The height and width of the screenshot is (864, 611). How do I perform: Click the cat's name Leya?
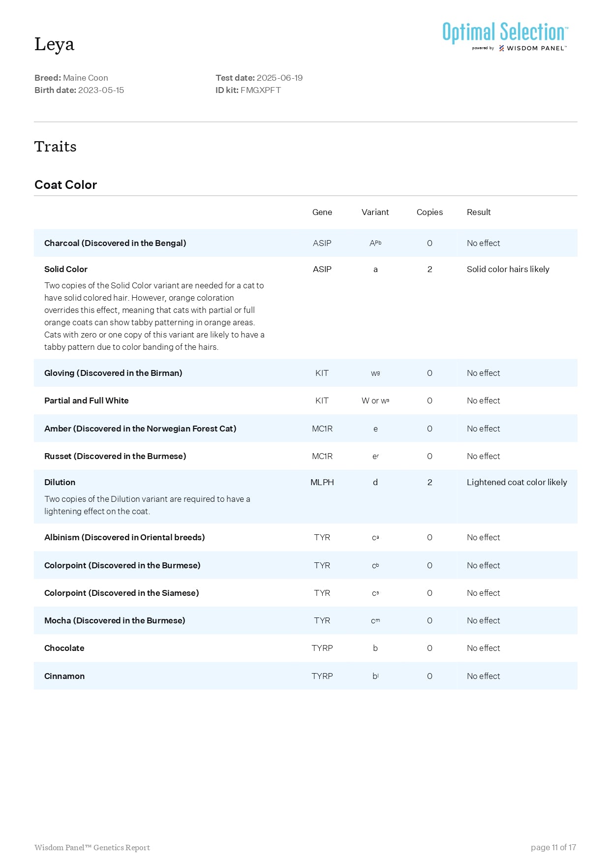tap(54, 44)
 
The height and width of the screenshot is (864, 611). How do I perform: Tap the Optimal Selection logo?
tap(505, 34)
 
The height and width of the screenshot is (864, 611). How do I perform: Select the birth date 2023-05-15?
tap(101, 90)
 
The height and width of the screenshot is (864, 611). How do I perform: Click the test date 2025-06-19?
tap(279, 78)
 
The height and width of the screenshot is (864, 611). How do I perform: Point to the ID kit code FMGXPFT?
tap(261, 90)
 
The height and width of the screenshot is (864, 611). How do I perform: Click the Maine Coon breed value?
tap(86, 78)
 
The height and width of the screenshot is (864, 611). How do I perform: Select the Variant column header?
tap(375, 212)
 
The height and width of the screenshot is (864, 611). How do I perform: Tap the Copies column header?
tap(429, 212)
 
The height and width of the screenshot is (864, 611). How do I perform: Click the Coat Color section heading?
tap(65, 185)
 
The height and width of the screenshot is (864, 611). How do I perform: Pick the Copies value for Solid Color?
tap(429, 269)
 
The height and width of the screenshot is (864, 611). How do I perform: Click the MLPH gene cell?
tap(322, 482)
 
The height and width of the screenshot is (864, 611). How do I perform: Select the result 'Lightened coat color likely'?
tap(517, 482)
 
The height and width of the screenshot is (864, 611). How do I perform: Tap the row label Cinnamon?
tap(64, 676)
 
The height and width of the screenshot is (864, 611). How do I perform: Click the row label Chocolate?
tap(64, 648)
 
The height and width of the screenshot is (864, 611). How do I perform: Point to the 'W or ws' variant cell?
tap(375, 401)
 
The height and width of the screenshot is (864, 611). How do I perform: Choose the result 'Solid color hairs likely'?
tap(508, 269)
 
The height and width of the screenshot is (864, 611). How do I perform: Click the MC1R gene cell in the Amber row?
tap(322, 429)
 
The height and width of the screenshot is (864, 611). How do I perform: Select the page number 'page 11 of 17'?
tap(553, 847)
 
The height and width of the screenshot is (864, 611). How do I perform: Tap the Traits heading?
tap(55, 147)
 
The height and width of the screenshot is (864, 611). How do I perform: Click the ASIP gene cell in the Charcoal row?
tap(322, 243)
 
